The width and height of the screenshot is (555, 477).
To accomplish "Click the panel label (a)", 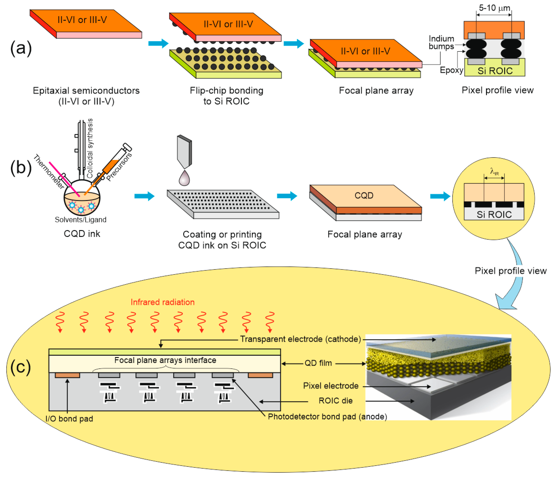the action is coord(21,49).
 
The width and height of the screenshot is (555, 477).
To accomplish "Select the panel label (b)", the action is coord(21,168).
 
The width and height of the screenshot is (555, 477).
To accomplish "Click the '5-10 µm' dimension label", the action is coord(495,8).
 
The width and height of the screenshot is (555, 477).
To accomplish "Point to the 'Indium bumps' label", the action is coord(441,42).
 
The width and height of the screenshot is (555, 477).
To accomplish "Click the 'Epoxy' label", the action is coord(452,70).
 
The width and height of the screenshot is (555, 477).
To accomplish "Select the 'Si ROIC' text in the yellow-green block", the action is coord(495,71).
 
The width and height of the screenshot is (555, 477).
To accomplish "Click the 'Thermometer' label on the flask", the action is coord(49,172).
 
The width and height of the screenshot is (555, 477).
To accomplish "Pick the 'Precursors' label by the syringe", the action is coord(119,167).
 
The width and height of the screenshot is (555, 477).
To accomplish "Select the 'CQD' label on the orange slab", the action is coord(364,195).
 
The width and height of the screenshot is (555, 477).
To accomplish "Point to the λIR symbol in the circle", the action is coord(494,171).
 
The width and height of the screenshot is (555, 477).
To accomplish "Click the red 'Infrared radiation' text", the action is coord(163,302).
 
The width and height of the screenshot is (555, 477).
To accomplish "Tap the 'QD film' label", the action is coord(318,363).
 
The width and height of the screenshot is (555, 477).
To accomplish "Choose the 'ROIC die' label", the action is coord(336,401).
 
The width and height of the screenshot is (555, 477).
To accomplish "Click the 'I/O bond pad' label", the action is coord(69,419).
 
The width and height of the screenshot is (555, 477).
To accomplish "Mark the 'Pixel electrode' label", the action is coord(331,386).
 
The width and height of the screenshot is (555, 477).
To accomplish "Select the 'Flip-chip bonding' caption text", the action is coord(227,91).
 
